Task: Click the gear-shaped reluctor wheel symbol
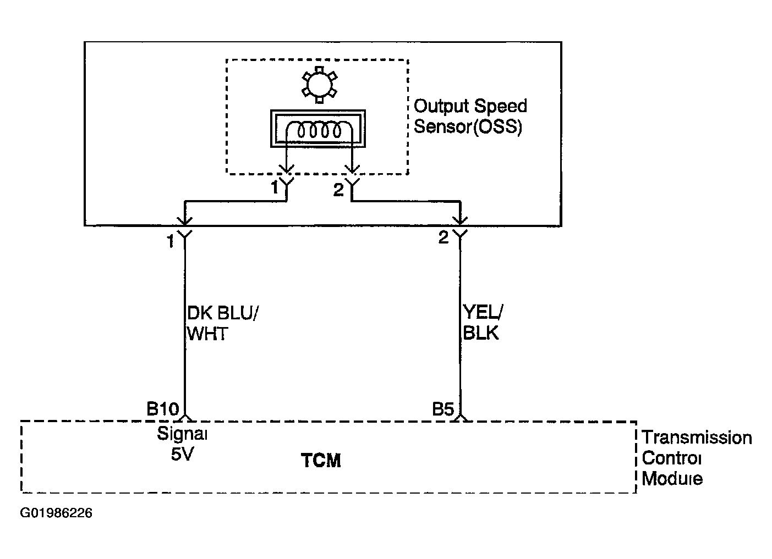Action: click(x=320, y=85)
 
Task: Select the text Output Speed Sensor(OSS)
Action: click(x=470, y=117)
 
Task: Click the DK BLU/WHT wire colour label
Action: click(x=222, y=323)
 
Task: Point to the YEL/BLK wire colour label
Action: click(x=483, y=322)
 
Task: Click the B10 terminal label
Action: click(x=163, y=408)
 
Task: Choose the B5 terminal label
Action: click(x=443, y=409)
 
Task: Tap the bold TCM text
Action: click(x=321, y=461)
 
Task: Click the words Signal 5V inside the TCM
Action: click(x=182, y=444)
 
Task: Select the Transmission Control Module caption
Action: click(x=697, y=458)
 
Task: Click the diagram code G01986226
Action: click(x=56, y=513)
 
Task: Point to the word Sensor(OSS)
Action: click(x=468, y=126)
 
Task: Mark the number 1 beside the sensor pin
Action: click(x=275, y=187)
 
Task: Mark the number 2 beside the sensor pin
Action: click(x=338, y=190)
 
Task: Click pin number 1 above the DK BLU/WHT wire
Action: click(x=171, y=241)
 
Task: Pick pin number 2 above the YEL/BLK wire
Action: click(x=444, y=237)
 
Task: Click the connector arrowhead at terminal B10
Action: click(x=185, y=418)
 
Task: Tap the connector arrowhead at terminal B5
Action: click(x=461, y=418)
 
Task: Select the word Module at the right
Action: click(x=672, y=478)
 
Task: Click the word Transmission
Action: click(x=697, y=438)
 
